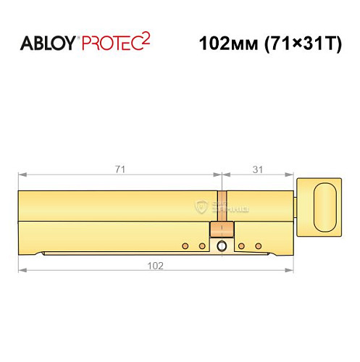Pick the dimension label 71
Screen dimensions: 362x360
(x=120, y=169)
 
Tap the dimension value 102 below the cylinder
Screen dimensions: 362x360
(x=154, y=264)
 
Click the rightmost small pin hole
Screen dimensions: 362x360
(x=258, y=246)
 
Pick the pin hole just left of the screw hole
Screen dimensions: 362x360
(x=203, y=246)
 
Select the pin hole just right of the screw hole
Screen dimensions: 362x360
(x=240, y=246)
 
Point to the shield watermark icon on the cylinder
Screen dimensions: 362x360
(x=201, y=206)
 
